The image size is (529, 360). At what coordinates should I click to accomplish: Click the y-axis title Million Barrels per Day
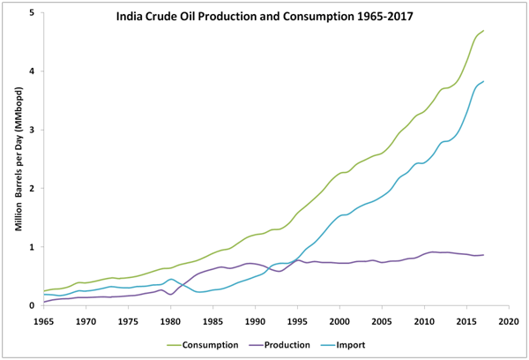point(17,159)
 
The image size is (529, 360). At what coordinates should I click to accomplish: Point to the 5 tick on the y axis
point(31,13)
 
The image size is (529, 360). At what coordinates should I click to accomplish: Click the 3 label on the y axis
point(31,131)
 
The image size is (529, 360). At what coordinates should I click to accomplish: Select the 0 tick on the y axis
point(31,306)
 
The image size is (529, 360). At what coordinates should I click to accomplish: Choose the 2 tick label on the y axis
point(31,189)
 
